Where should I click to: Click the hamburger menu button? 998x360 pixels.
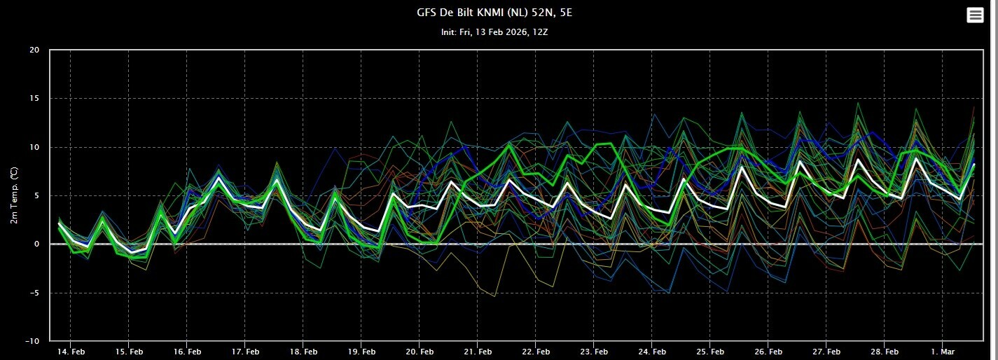[975, 15]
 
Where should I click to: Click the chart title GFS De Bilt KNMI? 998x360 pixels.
[499, 12]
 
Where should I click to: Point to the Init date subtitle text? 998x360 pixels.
[499, 33]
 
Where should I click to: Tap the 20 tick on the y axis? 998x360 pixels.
[34, 50]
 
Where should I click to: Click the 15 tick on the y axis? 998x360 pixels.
[34, 99]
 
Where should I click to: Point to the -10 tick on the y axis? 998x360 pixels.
[32, 341]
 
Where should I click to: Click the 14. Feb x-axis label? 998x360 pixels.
[70, 351]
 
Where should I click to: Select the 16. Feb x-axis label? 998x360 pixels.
[186, 351]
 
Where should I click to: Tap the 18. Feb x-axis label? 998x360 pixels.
[303, 351]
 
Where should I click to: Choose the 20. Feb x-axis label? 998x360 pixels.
[419, 351]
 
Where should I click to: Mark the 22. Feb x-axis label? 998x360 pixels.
[535, 351]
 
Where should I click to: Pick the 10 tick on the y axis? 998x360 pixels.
[34, 147]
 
